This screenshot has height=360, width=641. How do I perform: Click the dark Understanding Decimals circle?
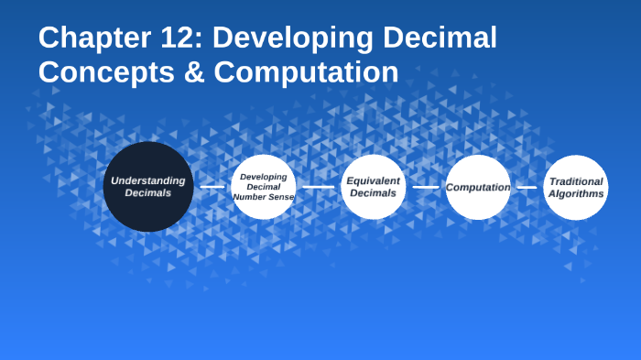(x=148, y=187)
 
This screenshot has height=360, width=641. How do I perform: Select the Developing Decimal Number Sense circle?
(x=264, y=187)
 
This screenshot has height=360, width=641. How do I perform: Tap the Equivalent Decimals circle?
(x=374, y=187)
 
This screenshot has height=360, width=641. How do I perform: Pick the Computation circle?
(x=478, y=187)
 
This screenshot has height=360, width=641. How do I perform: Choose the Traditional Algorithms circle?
(x=576, y=187)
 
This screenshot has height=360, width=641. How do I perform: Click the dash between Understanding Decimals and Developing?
(x=212, y=187)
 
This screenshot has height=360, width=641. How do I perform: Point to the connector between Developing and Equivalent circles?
(x=319, y=187)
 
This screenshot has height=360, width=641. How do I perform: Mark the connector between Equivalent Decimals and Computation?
(x=426, y=187)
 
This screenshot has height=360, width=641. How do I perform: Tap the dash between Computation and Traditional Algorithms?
(x=527, y=187)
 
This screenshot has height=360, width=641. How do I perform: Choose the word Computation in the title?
(x=307, y=71)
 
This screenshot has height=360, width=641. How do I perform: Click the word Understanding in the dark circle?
(x=148, y=180)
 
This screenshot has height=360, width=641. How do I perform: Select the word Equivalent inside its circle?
(x=374, y=180)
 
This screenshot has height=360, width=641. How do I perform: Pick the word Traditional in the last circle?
(x=576, y=181)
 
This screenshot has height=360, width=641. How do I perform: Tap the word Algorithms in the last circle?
(x=576, y=193)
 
